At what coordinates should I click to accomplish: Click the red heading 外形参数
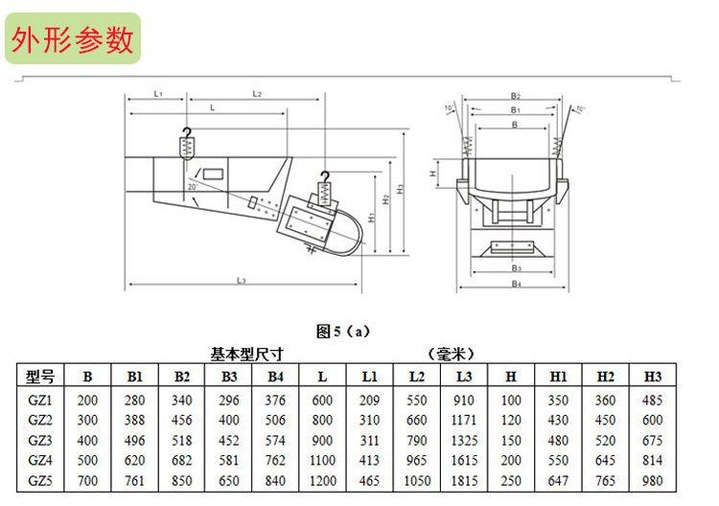[x=73, y=40]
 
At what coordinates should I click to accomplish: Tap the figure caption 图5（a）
[x=343, y=331]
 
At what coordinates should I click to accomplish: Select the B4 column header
[x=275, y=377]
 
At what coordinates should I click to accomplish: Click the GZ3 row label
[x=40, y=441]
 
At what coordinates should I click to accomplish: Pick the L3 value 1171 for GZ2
[x=464, y=420]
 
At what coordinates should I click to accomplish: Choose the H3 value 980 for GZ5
[x=653, y=481]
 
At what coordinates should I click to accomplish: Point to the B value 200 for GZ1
[x=87, y=401]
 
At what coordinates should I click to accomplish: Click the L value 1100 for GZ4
[x=322, y=460]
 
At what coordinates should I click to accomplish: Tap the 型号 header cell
[x=40, y=377]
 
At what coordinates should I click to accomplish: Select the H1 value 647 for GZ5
[x=558, y=481]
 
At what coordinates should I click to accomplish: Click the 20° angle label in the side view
[x=193, y=187]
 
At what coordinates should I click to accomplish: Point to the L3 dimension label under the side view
[x=242, y=280]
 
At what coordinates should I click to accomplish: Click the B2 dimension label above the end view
[x=516, y=96]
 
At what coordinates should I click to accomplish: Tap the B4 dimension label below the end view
[x=517, y=284]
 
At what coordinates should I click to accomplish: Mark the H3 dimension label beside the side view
[x=401, y=189]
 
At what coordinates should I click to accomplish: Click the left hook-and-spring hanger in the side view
[x=187, y=144]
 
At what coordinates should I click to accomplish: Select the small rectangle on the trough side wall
[x=213, y=174]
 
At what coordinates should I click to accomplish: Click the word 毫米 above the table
[x=451, y=354]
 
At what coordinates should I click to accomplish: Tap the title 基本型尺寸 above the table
[x=246, y=354]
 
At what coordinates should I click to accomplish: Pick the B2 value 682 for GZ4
[x=181, y=460]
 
